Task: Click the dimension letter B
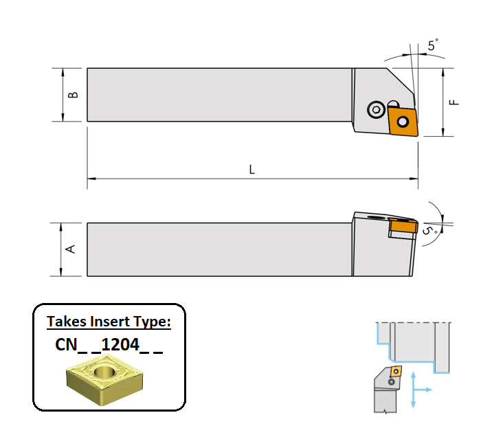coord(73,95)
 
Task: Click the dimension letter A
coord(71,249)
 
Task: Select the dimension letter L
coord(252,170)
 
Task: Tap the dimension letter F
coord(454,102)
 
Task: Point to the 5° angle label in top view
coord(433,45)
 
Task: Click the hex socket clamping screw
coord(376,109)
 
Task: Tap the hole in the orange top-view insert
coord(403,122)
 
